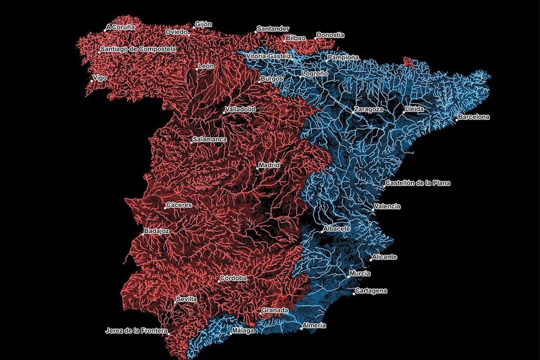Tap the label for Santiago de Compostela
[138, 48]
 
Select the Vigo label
[100, 78]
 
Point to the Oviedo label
[176, 32]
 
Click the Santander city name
[273, 29]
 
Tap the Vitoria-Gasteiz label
[269, 57]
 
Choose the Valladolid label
[240, 109]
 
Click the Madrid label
[269, 165]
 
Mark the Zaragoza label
[368, 109]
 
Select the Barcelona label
[474, 117]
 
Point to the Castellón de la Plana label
[418, 183]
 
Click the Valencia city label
[388, 206]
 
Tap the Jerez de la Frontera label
[136, 331]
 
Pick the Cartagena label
[372, 291]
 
